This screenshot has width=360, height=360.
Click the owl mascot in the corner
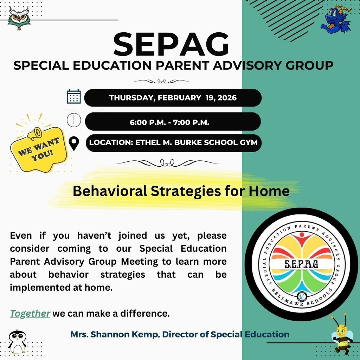pos(19,18)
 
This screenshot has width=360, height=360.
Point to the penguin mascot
pos(17,341)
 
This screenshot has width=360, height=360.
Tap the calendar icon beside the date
pos(74,96)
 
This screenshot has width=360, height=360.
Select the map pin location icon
pos(74,143)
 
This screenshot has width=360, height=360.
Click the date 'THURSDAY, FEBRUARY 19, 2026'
pos(173,98)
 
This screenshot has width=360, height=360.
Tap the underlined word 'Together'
pos(30,313)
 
